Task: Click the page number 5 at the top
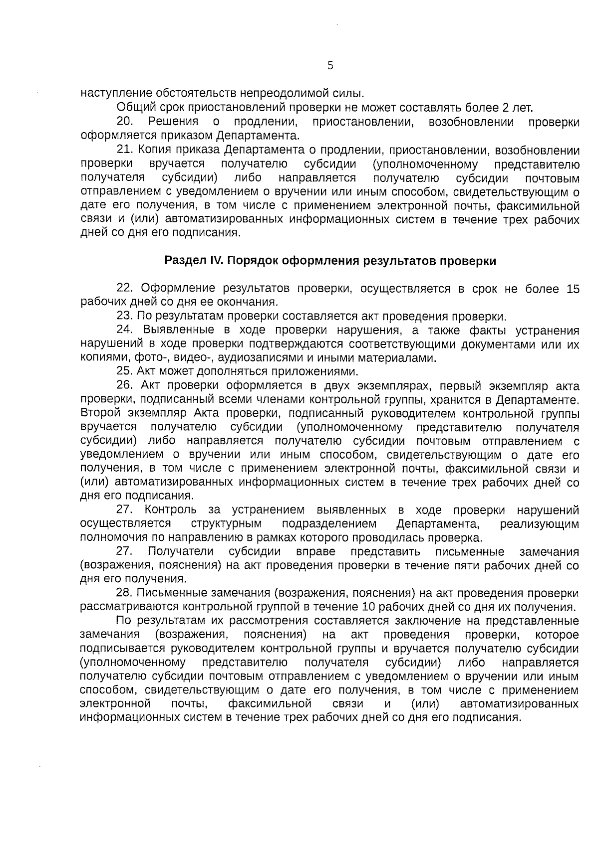(330, 65)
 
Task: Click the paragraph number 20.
(124, 122)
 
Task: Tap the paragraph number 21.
(124, 150)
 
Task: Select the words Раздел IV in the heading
(189, 261)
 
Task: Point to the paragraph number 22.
(124, 288)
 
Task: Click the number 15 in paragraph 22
(573, 288)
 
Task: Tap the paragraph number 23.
(124, 316)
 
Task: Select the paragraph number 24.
(124, 330)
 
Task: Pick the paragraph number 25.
(124, 371)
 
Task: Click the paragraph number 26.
(124, 385)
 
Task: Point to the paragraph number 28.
(124, 593)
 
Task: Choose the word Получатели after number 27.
(181, 551)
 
